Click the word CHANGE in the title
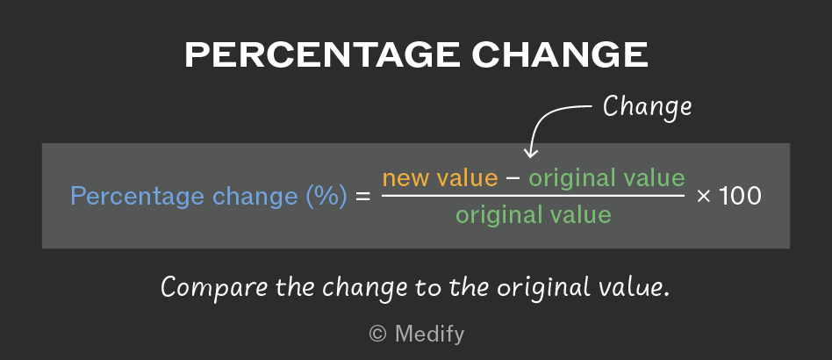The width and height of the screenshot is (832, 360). click(560, 54)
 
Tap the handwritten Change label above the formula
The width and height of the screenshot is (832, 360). click(648, 107)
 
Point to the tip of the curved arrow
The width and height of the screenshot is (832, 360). click(531, 157)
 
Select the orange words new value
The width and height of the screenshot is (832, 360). click(440, 178)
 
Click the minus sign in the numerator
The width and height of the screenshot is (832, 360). click(513, 178)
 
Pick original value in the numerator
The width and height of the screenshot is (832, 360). click(606, 178)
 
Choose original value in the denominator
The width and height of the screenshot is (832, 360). click(534, 215)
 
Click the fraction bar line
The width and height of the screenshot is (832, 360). click(534, 196)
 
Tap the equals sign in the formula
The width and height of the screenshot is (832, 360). click(363, 197)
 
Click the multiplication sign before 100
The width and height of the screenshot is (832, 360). click(704, 197)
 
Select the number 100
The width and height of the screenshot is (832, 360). click(740, 197)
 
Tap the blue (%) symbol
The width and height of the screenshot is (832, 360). click(326, 197)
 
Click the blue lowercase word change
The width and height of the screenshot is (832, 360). click(255, 198)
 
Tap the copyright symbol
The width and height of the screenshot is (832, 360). click(377, 334)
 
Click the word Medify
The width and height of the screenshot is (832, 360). click(429, 335)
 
